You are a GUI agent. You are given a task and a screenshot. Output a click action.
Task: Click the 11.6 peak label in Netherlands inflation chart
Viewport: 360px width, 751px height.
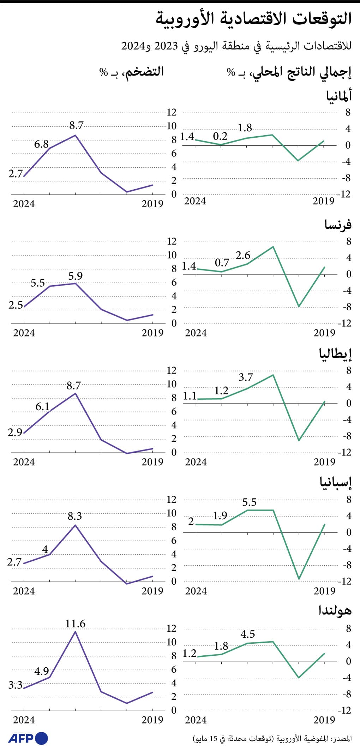pos(75,624)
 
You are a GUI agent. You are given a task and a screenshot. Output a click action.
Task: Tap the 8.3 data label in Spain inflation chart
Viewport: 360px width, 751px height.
pos(74,516)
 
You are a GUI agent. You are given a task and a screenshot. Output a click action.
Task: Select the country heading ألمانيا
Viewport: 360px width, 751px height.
pos(339,96)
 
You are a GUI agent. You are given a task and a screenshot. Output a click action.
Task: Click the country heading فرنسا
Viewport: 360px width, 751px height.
pos(338,225)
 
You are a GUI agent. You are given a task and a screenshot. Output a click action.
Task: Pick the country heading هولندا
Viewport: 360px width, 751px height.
pos(335,611)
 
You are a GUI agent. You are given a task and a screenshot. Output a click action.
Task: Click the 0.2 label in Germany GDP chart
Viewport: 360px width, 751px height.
pos(220,136)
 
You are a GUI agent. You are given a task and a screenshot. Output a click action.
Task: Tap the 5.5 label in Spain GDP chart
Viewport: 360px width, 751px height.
pos(249,502)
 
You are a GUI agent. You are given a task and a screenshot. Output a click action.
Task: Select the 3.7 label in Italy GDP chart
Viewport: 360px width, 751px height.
pos(246,377)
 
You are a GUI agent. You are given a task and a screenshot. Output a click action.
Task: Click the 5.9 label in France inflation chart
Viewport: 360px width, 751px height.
pos(75,276)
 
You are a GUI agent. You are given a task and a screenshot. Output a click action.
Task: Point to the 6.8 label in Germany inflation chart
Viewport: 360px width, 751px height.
pos(41,144)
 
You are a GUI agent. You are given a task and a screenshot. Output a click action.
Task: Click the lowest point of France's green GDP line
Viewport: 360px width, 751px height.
pos(299,306)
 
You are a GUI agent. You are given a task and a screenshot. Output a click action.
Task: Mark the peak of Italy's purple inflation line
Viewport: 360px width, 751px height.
pos(75,393)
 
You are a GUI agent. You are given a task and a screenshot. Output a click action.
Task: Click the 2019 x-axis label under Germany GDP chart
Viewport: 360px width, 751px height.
pos(323,201)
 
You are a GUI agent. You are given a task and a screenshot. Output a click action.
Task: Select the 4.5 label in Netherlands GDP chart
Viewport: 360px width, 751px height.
pos(248,634)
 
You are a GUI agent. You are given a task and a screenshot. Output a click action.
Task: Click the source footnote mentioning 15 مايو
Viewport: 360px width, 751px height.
pos(272,739)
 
